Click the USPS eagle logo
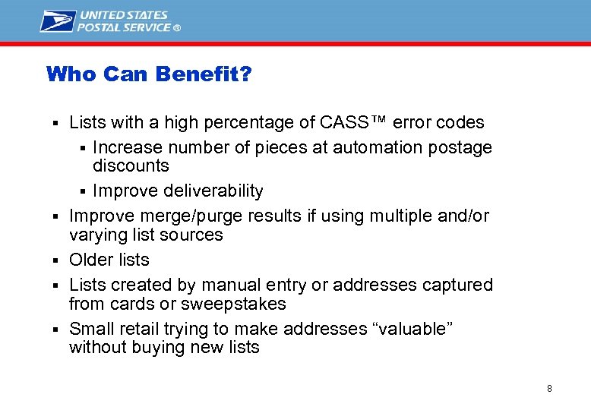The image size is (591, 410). (58, 20)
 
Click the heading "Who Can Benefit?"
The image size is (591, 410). (150, 74)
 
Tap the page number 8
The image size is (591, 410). (549, 389)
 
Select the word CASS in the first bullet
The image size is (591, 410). (346, 122)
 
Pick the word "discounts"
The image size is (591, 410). (131, 166)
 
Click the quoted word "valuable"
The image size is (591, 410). (406, 329)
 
